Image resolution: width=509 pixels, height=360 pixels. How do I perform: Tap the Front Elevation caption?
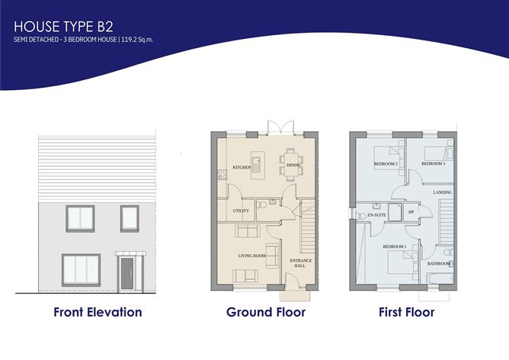(98, 312)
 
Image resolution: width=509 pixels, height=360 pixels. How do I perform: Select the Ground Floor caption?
(266, 312)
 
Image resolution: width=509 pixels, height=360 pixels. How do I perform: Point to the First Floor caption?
(406, 312)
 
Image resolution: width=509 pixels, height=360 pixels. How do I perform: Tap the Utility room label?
(241, 211)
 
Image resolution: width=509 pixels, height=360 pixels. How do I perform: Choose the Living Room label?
(252, 256)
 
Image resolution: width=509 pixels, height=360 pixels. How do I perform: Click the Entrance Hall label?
(300, 263)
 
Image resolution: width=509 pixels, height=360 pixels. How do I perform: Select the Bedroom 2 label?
(386, 164)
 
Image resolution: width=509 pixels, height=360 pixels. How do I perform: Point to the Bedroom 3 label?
(434, 164)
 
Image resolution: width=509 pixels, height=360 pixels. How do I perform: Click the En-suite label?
(376, 216)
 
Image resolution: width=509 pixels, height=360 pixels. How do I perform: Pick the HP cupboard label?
(411, 212)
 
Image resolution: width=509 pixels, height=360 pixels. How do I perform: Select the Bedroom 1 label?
(394, 246)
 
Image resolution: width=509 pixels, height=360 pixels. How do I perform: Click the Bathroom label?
(438, 264)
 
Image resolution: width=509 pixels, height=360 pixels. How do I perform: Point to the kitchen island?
(257, 164)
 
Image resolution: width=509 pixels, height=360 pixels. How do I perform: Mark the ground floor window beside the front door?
(82, 270)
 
